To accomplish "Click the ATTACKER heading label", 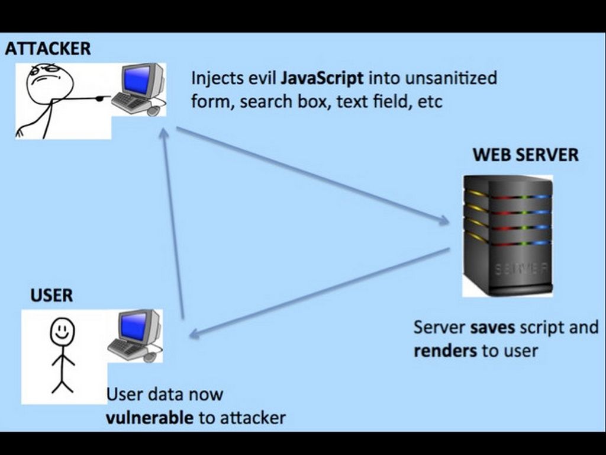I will click(x=48, y=49).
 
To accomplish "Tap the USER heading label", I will click(x=51, y=294).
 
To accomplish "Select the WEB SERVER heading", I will click(x=526, y=155).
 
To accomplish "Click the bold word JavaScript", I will click(x=322, y=78).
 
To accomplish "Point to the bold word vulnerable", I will click(x=150, y=418).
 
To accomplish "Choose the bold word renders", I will click(x=446, y=350).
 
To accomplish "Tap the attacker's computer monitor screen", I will click(x=138, y=81).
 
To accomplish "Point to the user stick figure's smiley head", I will click(x=62, y=331).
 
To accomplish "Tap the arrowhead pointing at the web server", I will click(x=444, y=222).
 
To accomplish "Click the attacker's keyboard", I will click(x=130, y=103).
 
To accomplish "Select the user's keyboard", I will click(x=126, y=349).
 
